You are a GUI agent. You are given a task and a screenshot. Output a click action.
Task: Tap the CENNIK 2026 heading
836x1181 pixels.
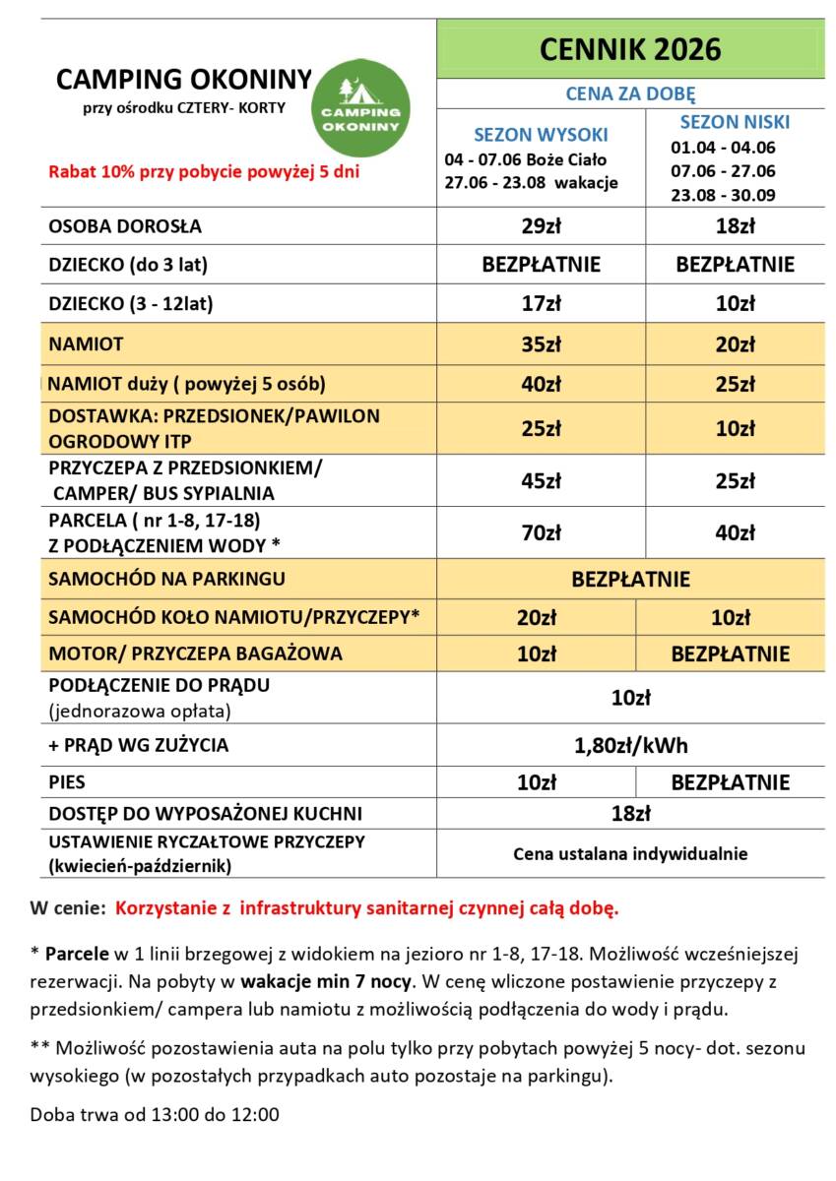630,49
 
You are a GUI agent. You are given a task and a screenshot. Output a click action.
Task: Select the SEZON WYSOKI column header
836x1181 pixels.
541,135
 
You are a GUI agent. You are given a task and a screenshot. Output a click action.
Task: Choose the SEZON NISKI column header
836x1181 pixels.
735,123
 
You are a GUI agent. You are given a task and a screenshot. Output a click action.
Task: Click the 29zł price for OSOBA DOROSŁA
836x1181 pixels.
541,225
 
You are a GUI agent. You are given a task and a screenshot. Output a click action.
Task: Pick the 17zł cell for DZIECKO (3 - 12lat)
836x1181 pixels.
541,303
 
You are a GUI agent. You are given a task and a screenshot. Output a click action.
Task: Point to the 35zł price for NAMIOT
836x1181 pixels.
541,344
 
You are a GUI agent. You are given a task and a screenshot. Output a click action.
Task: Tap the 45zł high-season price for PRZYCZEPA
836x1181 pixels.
541,481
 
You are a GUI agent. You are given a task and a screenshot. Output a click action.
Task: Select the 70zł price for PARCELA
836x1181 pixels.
541,533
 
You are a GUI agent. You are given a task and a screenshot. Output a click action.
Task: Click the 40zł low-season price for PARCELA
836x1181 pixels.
735,533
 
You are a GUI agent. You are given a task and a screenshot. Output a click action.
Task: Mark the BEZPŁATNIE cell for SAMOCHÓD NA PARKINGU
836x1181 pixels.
630,579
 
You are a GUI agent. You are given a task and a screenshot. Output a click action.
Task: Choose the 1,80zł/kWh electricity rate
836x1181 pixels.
630,745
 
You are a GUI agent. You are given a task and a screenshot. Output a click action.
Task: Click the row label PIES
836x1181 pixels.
67,782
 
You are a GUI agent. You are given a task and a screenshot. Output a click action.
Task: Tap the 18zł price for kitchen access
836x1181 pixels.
630,813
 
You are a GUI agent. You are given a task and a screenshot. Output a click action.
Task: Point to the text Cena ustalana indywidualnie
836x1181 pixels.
630,853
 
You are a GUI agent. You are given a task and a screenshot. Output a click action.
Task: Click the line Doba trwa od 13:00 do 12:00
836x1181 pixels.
155,1115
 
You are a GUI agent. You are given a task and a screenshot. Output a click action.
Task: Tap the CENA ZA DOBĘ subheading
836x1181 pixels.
630,93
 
